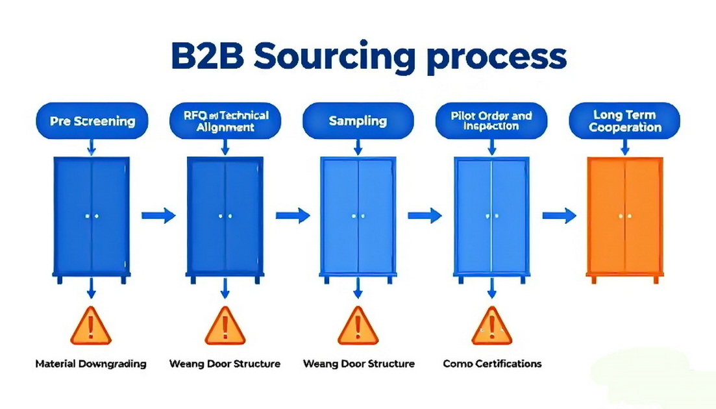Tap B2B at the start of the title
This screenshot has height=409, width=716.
coord(206,56)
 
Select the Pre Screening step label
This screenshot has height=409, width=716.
coord(93,121)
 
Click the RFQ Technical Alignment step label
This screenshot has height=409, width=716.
coord(225,121)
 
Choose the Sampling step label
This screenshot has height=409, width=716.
coord(358,121)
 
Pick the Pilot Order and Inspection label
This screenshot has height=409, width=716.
coord(491,121)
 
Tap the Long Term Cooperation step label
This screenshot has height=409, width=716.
coord(624,121)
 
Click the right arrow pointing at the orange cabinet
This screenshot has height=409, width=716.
coord(560,215)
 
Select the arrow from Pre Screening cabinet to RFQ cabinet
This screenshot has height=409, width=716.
coord(158,215)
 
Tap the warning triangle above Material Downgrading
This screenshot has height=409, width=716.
coord(90,327)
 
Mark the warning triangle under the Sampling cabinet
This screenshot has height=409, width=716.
coord(358,327)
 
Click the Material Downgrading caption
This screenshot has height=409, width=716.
coord(91,364)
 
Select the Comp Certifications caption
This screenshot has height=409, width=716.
coord(492,364)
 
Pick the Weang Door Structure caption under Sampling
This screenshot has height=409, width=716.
coord(358,364)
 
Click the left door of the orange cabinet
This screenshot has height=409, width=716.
coord(607,216)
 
